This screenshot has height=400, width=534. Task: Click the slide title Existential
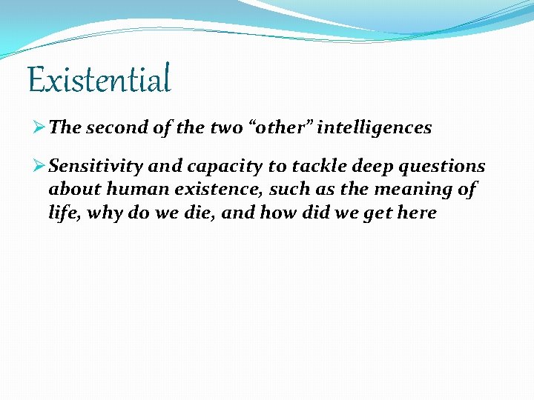99,79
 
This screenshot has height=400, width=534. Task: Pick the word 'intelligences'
375,127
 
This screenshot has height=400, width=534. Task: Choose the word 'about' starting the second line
70,190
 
